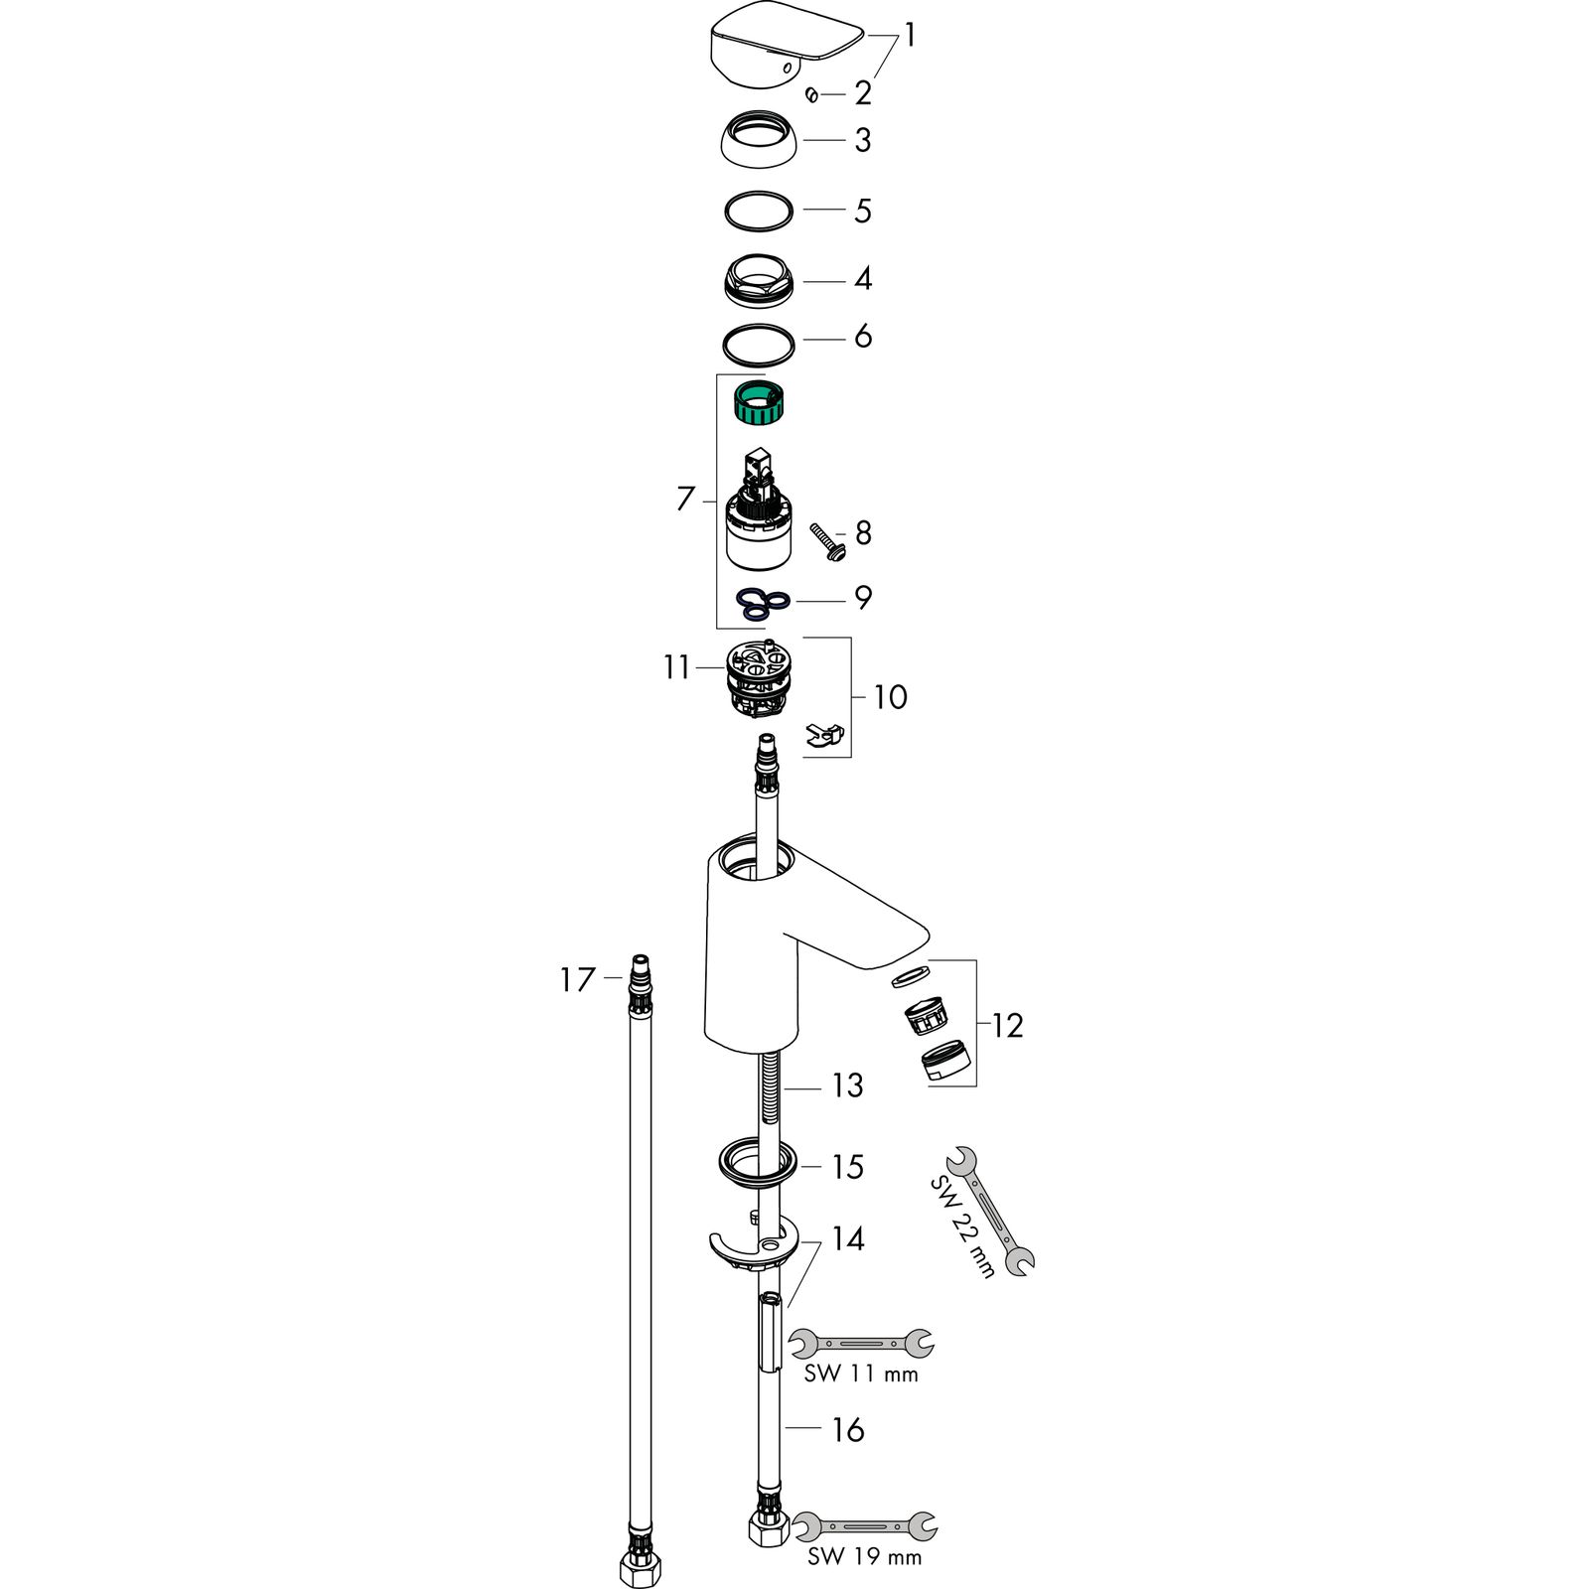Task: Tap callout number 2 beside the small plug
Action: [x=862, y=93]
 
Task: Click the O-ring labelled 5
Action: [x=759, y=211]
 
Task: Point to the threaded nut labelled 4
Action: [x=759, y=280]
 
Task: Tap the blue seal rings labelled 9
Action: [x=763, y=602]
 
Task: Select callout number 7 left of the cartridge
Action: [x=684, y=499]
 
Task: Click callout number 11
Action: [x=676, y=667]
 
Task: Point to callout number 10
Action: [x=891, y=697]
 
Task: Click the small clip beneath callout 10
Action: [x=825, y=734]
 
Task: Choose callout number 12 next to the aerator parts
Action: [x=1007, y=1025]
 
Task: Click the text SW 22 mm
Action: [x=961, y=1227]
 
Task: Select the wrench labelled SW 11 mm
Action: [x=860, y=1344]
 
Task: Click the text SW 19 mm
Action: [x=864, y=1556]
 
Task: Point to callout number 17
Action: [x=577, y=980]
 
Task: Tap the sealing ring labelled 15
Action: [x=755, y=1162]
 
